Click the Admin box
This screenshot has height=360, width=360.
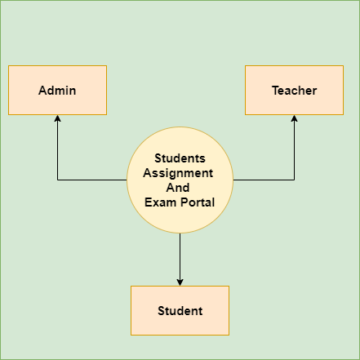[57, 90]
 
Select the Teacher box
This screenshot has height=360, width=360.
[294, 90]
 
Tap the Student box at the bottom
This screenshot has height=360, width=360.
[180, 310]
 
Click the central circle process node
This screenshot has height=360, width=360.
[180, 180]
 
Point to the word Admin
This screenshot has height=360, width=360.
[57, 91]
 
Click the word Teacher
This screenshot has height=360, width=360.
[295, 91]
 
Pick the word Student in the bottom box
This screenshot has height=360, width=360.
[180, 311]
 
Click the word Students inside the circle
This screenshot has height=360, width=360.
[180, 158]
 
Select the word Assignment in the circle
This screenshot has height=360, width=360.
[178, 173]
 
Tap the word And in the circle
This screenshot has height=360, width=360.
[178, 188]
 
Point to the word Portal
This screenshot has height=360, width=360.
[198, 202]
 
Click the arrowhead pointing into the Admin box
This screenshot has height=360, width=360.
[57, 118]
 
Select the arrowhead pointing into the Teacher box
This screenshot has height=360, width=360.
[294, 118]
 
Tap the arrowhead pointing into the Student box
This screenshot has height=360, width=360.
[180, 282]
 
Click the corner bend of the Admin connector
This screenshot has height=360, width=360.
[57, 180]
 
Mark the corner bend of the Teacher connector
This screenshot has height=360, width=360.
[294, 180]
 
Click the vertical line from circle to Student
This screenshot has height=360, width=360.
[180, 256]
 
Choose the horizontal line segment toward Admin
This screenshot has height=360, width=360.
[92, 180]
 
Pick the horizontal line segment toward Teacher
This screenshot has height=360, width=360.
[264, 180]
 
